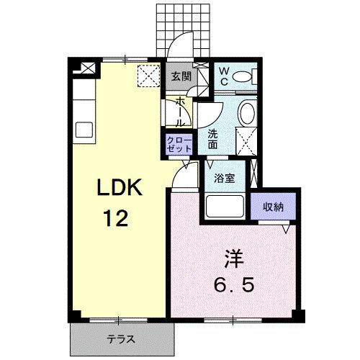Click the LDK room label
(122, 188)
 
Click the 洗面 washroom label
(213, 138)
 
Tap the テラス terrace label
(122, 339)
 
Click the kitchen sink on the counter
(83, 132)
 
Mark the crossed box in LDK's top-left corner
(88, 70)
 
